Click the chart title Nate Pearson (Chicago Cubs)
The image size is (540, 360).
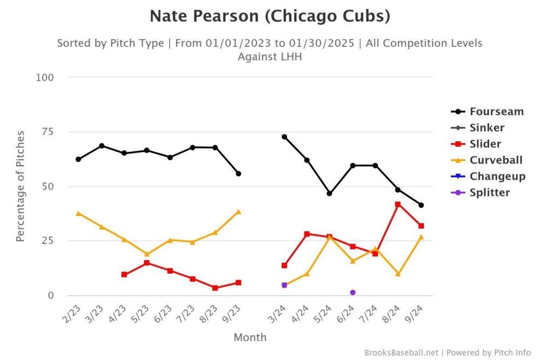point(269,16)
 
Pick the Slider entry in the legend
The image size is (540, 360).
point(485,144)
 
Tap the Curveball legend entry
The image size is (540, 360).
point(496,160)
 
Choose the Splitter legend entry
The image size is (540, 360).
point(489,193)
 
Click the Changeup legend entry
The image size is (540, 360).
point(497,176)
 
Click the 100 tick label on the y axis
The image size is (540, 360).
point(45,78)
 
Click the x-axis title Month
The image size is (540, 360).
point(250,337)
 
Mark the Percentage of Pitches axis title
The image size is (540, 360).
point(21,186)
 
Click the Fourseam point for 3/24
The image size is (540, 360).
point(284,137)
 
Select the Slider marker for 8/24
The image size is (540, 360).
point(398,205)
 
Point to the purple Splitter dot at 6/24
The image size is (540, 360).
point(353,293)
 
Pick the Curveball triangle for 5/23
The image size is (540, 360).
point(147,254)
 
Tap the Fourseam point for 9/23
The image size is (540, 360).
point(238,174)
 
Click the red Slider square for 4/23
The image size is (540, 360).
point(124,275)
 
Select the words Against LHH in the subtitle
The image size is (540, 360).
point(269,56)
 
